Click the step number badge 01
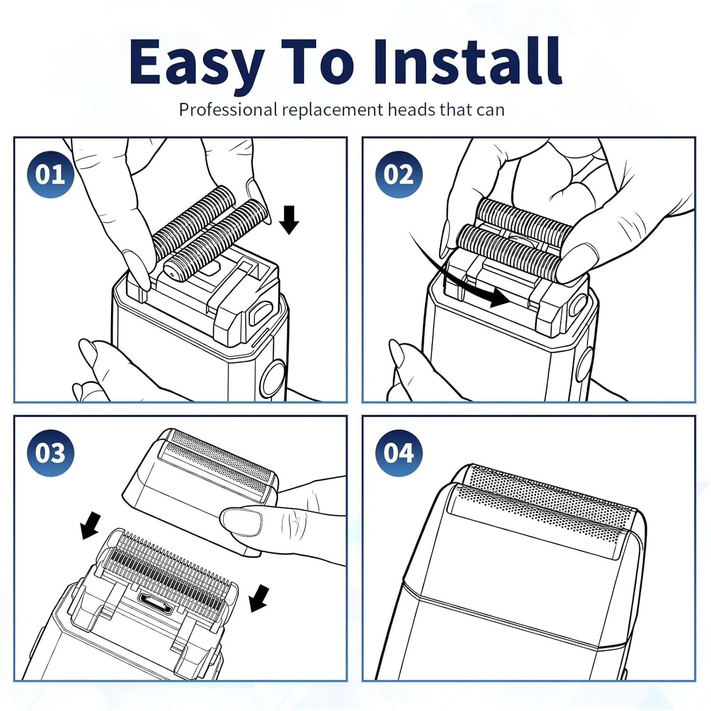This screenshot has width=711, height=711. click(50, 174)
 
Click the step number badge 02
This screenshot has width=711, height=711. click(399, 174)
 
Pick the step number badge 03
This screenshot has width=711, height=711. click(50, 453)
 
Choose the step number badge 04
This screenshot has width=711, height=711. click(399, 453)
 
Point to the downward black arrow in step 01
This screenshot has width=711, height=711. click(289, 220)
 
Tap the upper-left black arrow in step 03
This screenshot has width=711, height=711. click(90, 525)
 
